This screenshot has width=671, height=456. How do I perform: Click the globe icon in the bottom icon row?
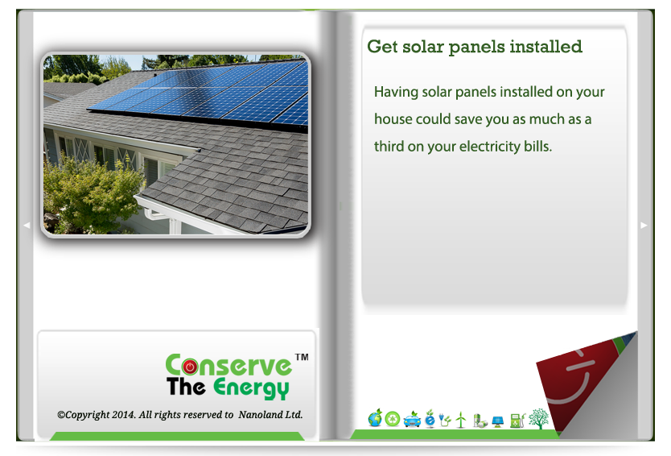pyautogui.click(x=375, y=418)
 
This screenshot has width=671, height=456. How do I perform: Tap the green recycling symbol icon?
pyautogui.click(x=393, y=419)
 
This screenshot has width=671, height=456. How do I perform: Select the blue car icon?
pyautogui.click(x=412, y=419)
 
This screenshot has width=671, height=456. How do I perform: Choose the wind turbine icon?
pyautogui.click(x=461, y=420)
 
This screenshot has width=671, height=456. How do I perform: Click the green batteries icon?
pyautogui.click(x=480, y=421)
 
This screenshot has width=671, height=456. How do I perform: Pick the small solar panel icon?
pyautogui.click(x=498, y=421)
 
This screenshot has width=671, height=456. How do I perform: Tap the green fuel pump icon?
pyautogui.click(x=517, y=420)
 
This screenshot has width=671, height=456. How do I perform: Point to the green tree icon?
pyautogui.click(x=538, y=419)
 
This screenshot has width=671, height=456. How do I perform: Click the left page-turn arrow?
pyautogui.click(x=27, y=225)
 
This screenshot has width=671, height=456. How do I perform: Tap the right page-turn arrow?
pyautogui.click(x=644, y=225)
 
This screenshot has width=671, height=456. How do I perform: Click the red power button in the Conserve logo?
pyautogui.click(x=190, y=367)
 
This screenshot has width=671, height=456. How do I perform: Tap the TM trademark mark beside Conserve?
pyautogui.click(x=302, y=357)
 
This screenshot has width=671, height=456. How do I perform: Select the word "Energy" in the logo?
pyautogui.click(x=251, y=388)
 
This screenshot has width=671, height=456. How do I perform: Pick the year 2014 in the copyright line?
pyautogui.click(x=124, y=415)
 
